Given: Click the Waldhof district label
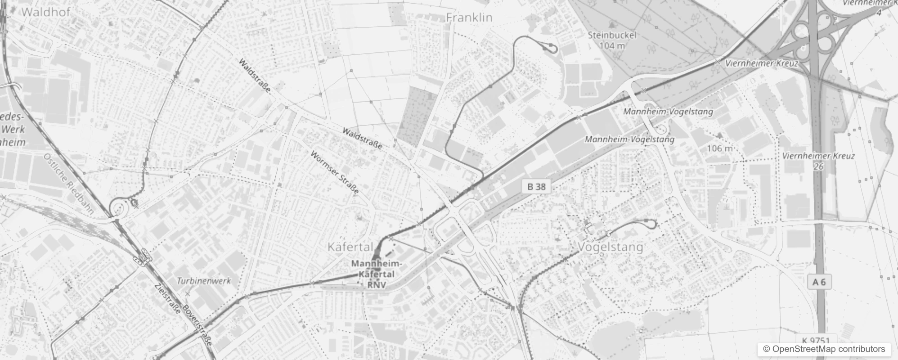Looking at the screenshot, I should click(45, 12).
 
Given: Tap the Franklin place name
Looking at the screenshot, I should click(469, 18).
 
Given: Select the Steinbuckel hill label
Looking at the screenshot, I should click(612, 35).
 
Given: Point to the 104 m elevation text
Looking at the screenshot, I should click(612, 45).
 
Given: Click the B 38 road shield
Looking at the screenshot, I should click(536, 186).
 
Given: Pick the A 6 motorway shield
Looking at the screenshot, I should click(819, 282).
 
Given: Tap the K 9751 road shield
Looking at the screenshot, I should click(815, 341).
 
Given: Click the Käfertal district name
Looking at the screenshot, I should click(350, 247).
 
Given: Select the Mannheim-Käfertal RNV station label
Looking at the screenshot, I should click(377, 274).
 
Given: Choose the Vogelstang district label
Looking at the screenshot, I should click(610, 247).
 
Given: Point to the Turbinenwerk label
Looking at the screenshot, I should click(204, 281).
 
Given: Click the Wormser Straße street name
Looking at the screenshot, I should click(335, 172).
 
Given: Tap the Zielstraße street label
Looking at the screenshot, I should click(167, 300).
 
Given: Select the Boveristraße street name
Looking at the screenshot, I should click(198, 322).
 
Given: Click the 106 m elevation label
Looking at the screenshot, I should click(720, 148).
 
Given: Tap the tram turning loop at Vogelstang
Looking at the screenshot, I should click(649, 222).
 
